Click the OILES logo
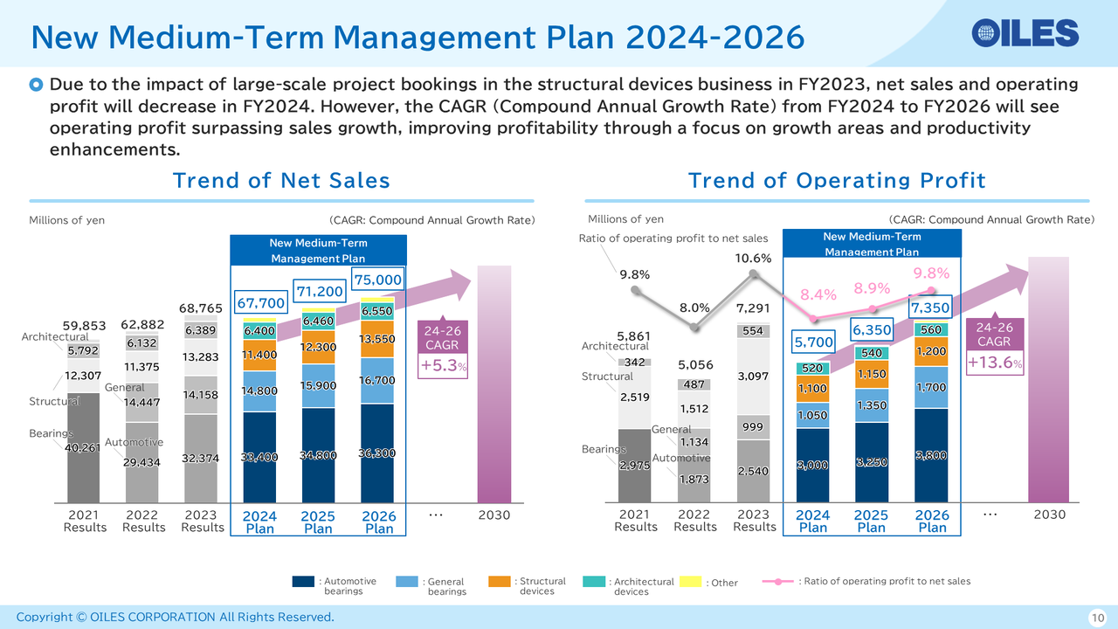pos(1025,33)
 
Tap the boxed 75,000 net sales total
pos(379,280)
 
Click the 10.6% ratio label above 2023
pos(753,259)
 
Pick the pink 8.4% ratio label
pos(819,295)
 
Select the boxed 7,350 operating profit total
pos(931,308)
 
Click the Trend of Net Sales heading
pos(281,181)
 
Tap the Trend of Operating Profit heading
pos(836,181)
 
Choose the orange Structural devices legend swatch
pos(500,582)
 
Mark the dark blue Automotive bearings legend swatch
pos(303,582)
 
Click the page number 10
pos(1096,618)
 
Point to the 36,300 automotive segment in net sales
pos(379,453)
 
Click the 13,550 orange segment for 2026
pos(379,339)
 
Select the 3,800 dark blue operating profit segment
pos(931,455)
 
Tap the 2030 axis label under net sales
pos(493,515)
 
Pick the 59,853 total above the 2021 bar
pos(84,326)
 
